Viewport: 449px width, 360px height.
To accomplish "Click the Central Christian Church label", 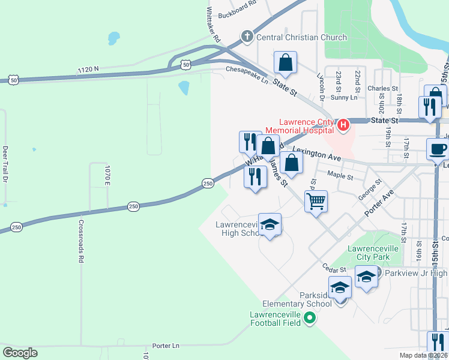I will pyautogui.click(x=301, y=37).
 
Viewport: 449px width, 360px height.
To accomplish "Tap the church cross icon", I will pyautogui.click(x=246, y=37).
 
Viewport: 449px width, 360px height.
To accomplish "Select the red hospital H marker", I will pyautogui.click(x=343, y=125).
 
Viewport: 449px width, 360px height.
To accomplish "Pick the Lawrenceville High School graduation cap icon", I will pyautogui.click(x=270, y=224).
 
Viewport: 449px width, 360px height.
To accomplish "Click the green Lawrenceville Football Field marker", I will pyautogui.click(x=310, y=317).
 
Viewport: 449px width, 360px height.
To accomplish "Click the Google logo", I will pyautogui.click(x=20, y=353).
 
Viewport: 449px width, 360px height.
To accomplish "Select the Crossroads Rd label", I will pyautogui.click(x=80, y=241).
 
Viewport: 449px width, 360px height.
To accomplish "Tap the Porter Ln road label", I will pyautogui.click(x=166, y=346).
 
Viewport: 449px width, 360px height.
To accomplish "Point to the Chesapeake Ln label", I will pyautogui.click(x=247, y=70).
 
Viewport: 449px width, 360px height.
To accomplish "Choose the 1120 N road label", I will pyautogui.click(x=88, y=70).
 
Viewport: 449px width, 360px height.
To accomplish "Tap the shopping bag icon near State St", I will pyautogui.click(x=286, y=62).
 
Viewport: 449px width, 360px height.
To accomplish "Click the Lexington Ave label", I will pyautogui.click(x=317, y=154).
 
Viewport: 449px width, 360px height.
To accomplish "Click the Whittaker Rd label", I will pyautogui.click(x=213, y=25).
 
